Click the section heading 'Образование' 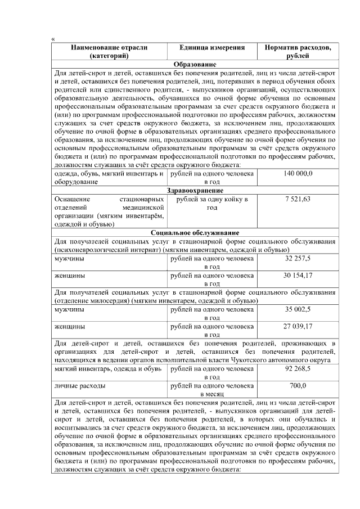coord(195,65)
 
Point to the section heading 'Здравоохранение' coord(195,191)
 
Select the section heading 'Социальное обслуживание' coord(195,232)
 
